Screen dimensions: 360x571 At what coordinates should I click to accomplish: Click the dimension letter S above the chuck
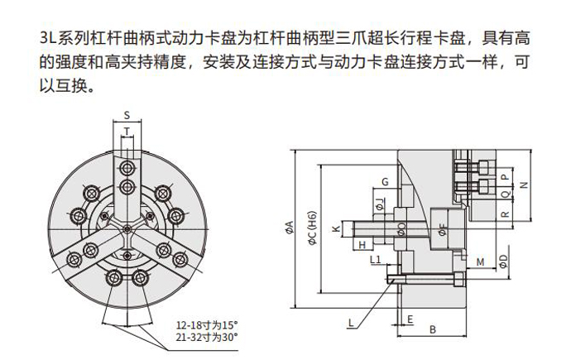pos(127,114)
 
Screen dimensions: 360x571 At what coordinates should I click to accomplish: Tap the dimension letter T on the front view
pos(127,131)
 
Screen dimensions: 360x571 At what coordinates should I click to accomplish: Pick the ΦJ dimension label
pos(379,203)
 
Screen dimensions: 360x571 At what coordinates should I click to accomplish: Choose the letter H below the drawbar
pos(363,245)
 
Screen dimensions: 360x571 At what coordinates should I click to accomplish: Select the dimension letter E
pos(410,318)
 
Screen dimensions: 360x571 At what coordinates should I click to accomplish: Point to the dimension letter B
pos(432,330)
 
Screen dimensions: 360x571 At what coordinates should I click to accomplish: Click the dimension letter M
pos(480,262)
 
